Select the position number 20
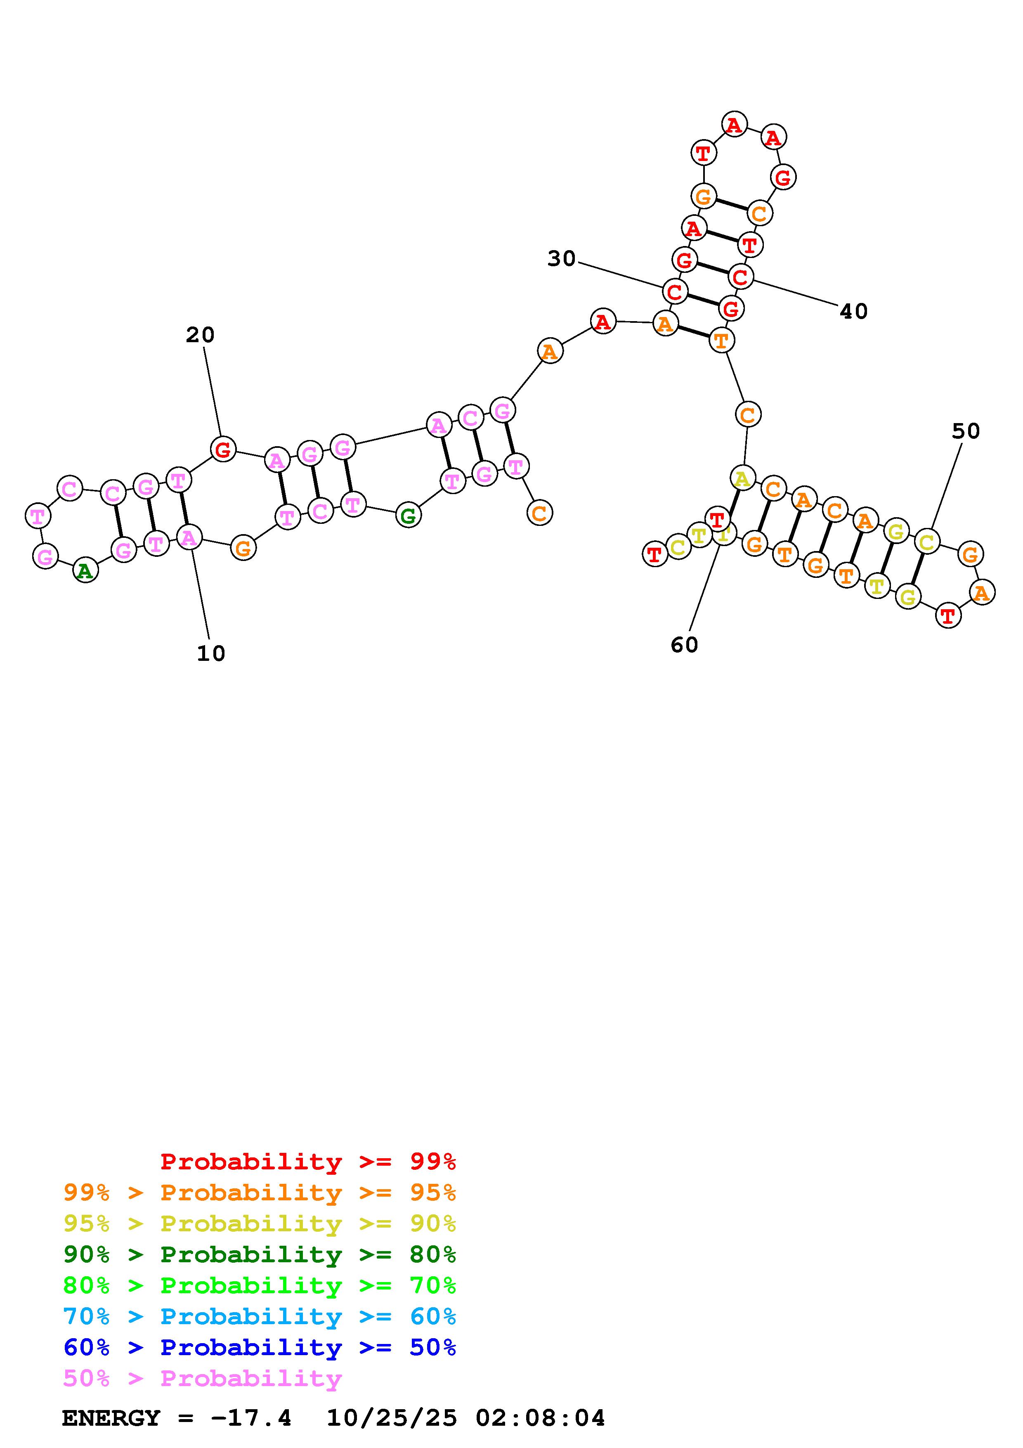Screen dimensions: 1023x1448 [200, 335]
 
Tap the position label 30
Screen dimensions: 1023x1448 [561, 258]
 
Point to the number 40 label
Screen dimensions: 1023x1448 [853, 311]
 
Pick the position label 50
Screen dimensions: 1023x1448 [966, 431]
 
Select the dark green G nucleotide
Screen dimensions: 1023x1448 [409, 516]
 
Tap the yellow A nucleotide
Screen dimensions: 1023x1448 [742, 479]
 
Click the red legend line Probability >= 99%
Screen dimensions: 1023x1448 [308, 1161]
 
